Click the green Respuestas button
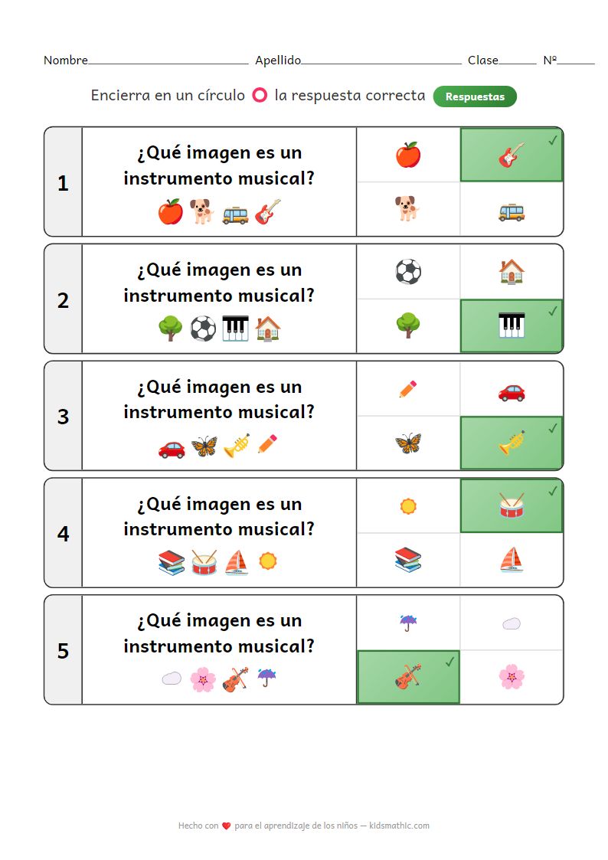[475, 96]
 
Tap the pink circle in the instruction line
[260, 96]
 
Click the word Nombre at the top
[66, 60]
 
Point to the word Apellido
[278, 60]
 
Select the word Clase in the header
[483, 60]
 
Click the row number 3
[63, 417]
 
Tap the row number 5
[63, 650]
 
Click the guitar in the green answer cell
[512, 155]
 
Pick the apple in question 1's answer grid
[408, 155]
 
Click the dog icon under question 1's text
[202, 211]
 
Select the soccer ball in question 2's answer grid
[408, 272]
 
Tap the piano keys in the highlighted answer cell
[512, 325]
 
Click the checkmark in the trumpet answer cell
[553, 428]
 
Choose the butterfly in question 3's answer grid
[408, 443]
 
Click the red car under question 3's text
[172, 449]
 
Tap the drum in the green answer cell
[512, 505]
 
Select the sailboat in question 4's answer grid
[512, 560]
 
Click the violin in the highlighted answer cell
[408, 677]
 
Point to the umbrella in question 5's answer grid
[408, 623]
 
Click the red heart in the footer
[227, 826]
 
